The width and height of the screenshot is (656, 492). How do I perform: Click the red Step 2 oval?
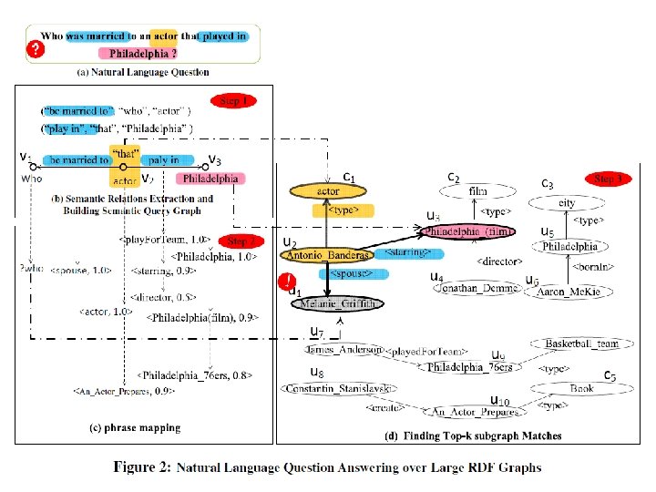(240, 241)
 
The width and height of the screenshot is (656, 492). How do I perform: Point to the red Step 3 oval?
(608, 179)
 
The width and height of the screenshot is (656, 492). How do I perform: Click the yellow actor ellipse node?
(327, 192)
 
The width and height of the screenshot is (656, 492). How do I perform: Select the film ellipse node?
(477, 192)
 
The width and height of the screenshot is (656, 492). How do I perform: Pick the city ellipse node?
(567, 203)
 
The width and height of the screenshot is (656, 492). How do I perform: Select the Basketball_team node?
(582, 343)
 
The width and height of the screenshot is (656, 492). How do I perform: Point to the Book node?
(582, 388)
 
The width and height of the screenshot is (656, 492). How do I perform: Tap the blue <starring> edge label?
(408, 251)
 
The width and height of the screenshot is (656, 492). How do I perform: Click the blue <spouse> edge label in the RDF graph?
(354, 273)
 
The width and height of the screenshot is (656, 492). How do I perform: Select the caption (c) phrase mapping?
(135, 427)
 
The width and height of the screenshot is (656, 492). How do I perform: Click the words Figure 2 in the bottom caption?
(141, 467)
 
